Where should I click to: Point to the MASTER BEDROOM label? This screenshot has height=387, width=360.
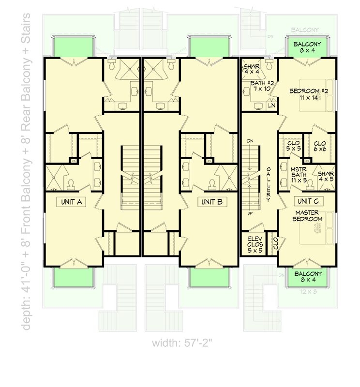tap(308, 216)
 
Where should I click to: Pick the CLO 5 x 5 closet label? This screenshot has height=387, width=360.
tap(292, 146)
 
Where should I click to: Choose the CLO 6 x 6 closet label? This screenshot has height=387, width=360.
tap(320, 146)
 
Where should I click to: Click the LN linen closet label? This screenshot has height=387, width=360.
tap(271, 105)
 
